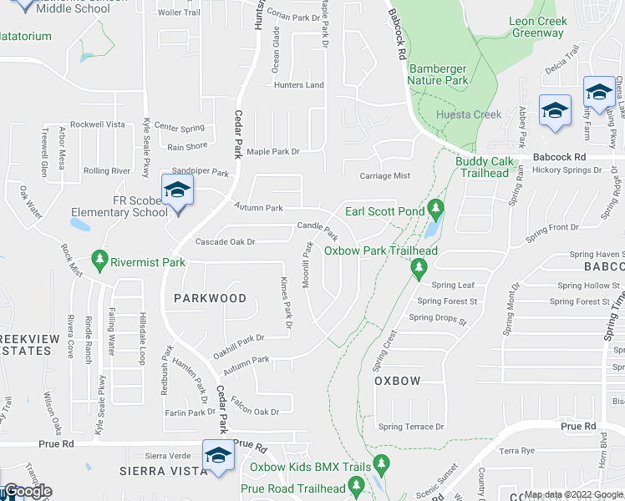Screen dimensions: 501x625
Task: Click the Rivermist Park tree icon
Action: pos(100,259)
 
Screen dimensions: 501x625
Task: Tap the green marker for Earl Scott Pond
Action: pos(434,206)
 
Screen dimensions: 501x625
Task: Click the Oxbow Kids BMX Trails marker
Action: pos(381,462)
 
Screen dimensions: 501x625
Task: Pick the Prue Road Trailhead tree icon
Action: pos(356,483)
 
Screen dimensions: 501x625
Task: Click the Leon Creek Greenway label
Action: pos(538,27)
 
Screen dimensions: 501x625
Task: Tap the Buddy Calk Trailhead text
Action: pos(483,167)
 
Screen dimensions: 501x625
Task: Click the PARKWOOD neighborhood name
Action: pos(210,298)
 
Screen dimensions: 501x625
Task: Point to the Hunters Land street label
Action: pos(298,85)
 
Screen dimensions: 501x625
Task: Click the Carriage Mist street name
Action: pos(384,176)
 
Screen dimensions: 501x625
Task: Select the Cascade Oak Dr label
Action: pos(224,242)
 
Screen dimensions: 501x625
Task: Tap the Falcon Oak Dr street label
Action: pos(255,412)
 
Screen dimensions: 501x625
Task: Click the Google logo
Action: pos(27,491)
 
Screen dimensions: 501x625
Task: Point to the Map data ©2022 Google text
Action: pos(573,494)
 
